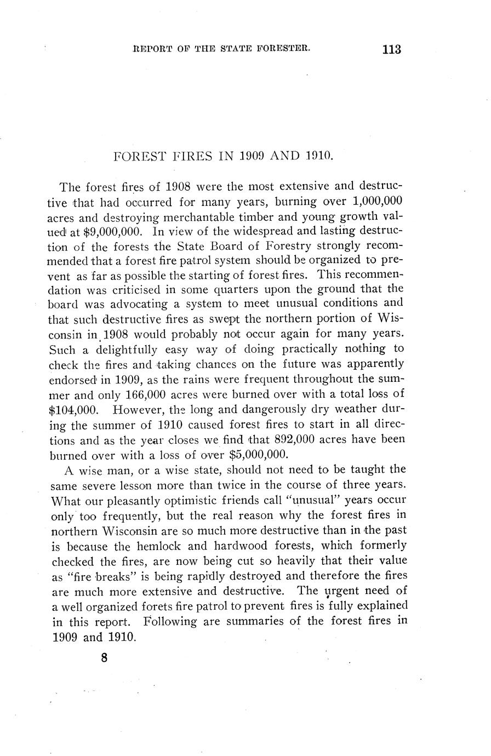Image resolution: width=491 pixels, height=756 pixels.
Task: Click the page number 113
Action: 392,49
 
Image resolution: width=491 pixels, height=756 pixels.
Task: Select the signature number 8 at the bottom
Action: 104,658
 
